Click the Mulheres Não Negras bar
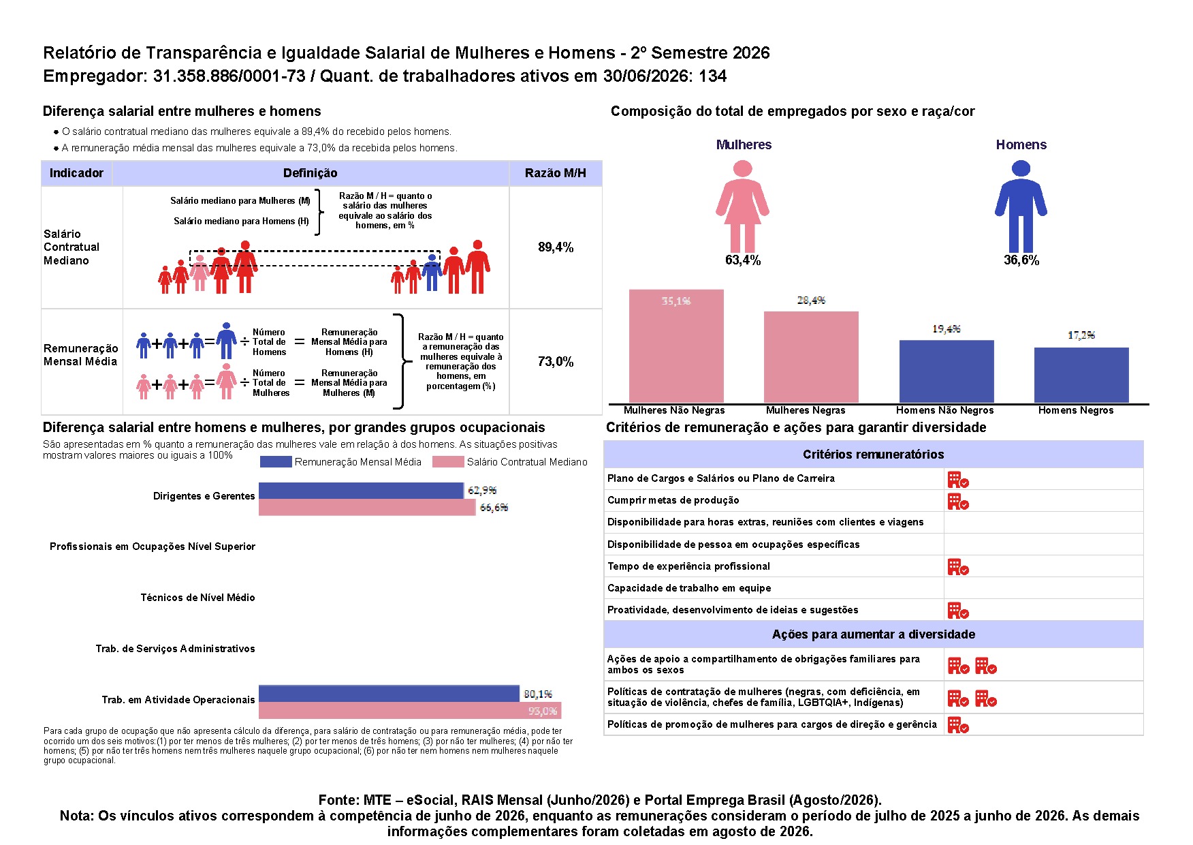pyautogui.click(x=676, y=346)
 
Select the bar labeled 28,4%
pyautogui.click(x=811, y=357)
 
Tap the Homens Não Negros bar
pyautogui.click(x=947, y=371)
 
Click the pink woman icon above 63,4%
pyautogui.click(x=742, y=206)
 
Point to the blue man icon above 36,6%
pyautogui.click(x=1021, y=206)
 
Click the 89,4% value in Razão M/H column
pyautogui.click(x=556, y=247)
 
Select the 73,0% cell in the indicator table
pyautogui.click(x=556, y=362)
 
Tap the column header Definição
pyautogui.click(x=311, y=173)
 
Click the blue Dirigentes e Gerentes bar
pyautogui.click(x=361, y=491)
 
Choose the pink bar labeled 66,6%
pyautogui.click(x=367, y=507)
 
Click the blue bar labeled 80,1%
pyautogui.click(x=389, y=694)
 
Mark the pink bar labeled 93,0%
pyautogui.click(x=410, y=710)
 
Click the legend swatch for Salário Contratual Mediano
pyautogui.click(x=448, y=462)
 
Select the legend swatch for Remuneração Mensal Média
pyautogui.click(x=276, y=462)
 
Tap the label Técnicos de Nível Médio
pyautogui.click(x=197, y=598)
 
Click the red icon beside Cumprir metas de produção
pyautogui.click(x=958, y=502)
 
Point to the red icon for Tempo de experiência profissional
pyautogui.click(x=958, y=567)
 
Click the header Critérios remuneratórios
pyautogui.click(x=873, y=455)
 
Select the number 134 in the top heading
pyautogui.click(x=712, y=76)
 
